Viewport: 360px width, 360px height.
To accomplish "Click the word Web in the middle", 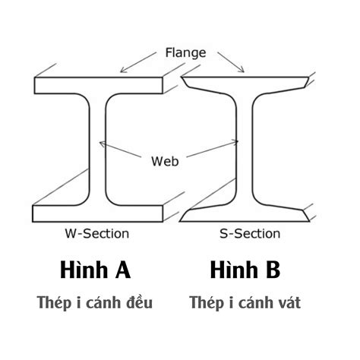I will [x=166, y=161].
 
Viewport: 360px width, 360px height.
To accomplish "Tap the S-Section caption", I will [x=246, y=233].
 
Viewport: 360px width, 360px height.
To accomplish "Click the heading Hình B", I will [x=246, y=270].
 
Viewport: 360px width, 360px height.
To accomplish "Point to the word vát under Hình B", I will [x=289, y=303].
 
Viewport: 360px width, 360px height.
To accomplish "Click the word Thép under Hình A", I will [x=53, y=303].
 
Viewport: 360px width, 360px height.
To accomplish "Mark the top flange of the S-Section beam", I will [x=247, y=82].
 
